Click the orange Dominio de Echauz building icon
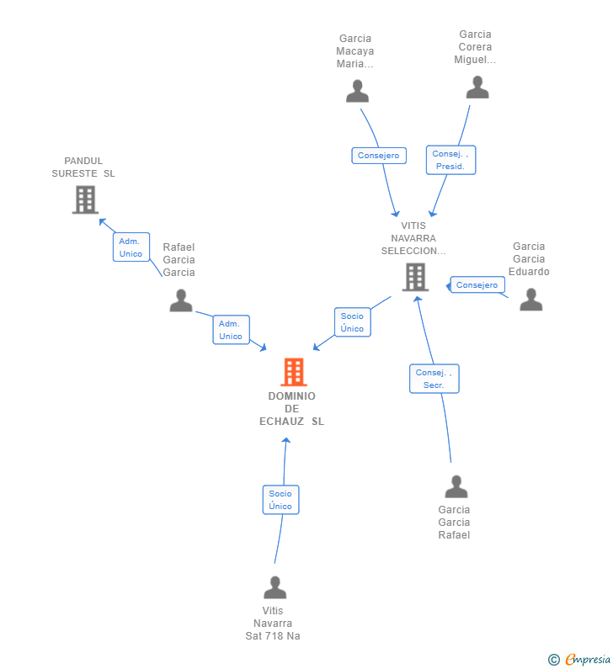[293, 372]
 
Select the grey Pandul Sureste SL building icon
[85, 199]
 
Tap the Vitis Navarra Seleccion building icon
[415, 277]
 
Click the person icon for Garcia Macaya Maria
[357, 91]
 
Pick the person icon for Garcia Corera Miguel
[477, 88]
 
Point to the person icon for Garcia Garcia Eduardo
[530, 300]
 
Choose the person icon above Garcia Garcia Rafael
[456, 486]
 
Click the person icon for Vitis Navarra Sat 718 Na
[275, 587]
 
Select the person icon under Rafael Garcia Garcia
[181, 300]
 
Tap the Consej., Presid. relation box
[450, 160]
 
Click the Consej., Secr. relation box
[434, 379]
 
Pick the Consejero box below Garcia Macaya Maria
[379, 156]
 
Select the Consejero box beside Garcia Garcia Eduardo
[477, 285]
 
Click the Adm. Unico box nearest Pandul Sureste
[131, 247]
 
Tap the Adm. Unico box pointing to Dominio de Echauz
[231, 330]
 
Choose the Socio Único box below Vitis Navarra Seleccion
[352, 322]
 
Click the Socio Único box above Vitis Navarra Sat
[280, 500]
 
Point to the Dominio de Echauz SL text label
[291, 409]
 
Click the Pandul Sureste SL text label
[83, 167]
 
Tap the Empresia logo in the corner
[580, 659]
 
